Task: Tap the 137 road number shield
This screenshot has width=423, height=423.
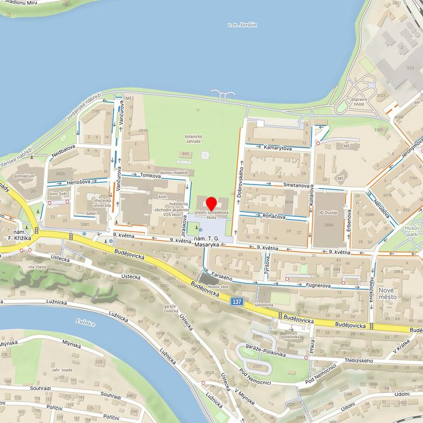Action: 236,301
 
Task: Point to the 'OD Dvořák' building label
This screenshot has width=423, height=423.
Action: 327,213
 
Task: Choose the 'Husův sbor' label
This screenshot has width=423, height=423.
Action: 217,287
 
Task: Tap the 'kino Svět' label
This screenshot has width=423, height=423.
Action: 57,193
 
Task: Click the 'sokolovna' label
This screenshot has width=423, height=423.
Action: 264,305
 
